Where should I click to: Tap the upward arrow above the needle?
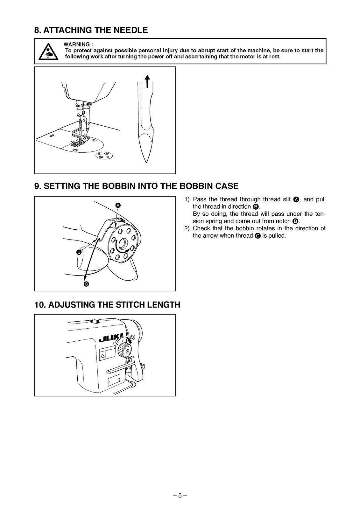coord(147,81)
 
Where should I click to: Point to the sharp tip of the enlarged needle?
coord(146,161)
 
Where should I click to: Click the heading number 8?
coord(38,30)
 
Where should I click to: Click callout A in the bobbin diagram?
coord(118,205)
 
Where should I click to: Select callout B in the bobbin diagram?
coord(79,252)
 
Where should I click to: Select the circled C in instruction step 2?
coord(258,236)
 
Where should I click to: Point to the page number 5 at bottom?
coord(180,495)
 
